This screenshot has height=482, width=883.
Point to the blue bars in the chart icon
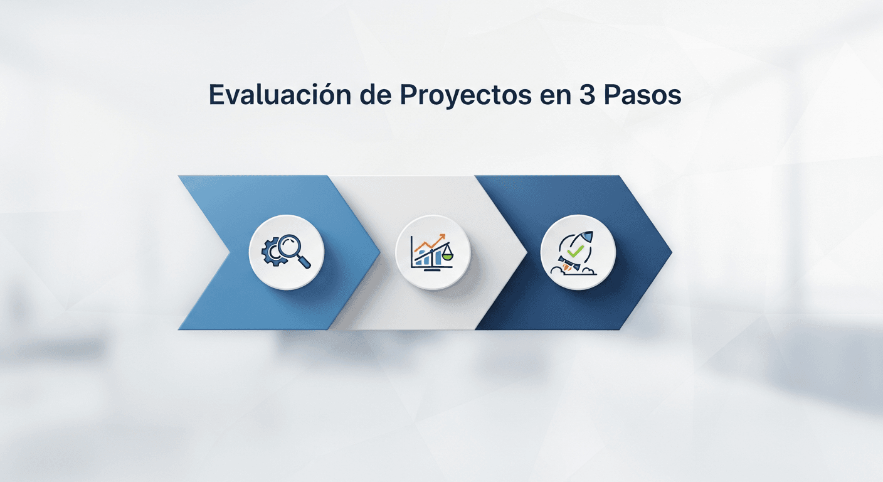(431, 257)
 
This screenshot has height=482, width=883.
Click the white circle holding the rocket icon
(578, 252)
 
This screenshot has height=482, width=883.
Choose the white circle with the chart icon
(433, 252)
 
